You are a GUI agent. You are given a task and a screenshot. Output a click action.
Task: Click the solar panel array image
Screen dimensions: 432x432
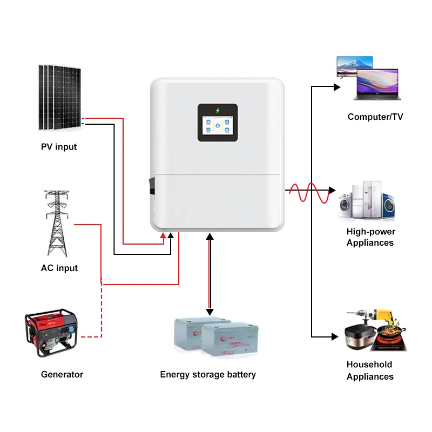tap(59, 98)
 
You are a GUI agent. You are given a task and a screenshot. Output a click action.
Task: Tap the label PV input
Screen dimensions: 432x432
tap(59, 147)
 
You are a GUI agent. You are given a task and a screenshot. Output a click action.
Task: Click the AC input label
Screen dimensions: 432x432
tap(59, 268)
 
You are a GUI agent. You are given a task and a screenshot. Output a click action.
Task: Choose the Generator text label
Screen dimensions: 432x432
tap(62, 374)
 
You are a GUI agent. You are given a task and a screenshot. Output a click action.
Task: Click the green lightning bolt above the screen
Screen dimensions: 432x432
tap(218, 110)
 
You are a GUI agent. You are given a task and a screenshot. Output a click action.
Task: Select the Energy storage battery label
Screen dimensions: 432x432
tap(208, 374)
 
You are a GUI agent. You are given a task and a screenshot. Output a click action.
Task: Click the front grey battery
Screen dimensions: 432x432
tap(230, 341)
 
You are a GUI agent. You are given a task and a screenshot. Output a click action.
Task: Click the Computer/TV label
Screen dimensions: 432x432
tap(375, 117)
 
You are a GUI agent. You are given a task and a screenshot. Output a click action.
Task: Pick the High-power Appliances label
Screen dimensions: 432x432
tap(370, 237)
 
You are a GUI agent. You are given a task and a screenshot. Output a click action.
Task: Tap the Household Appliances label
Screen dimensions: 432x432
tap(370, 370)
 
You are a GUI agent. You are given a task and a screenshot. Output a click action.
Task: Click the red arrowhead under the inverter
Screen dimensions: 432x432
tap(164, 235)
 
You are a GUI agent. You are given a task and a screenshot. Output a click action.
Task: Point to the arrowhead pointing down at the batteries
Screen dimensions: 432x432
tap(210, 312)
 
